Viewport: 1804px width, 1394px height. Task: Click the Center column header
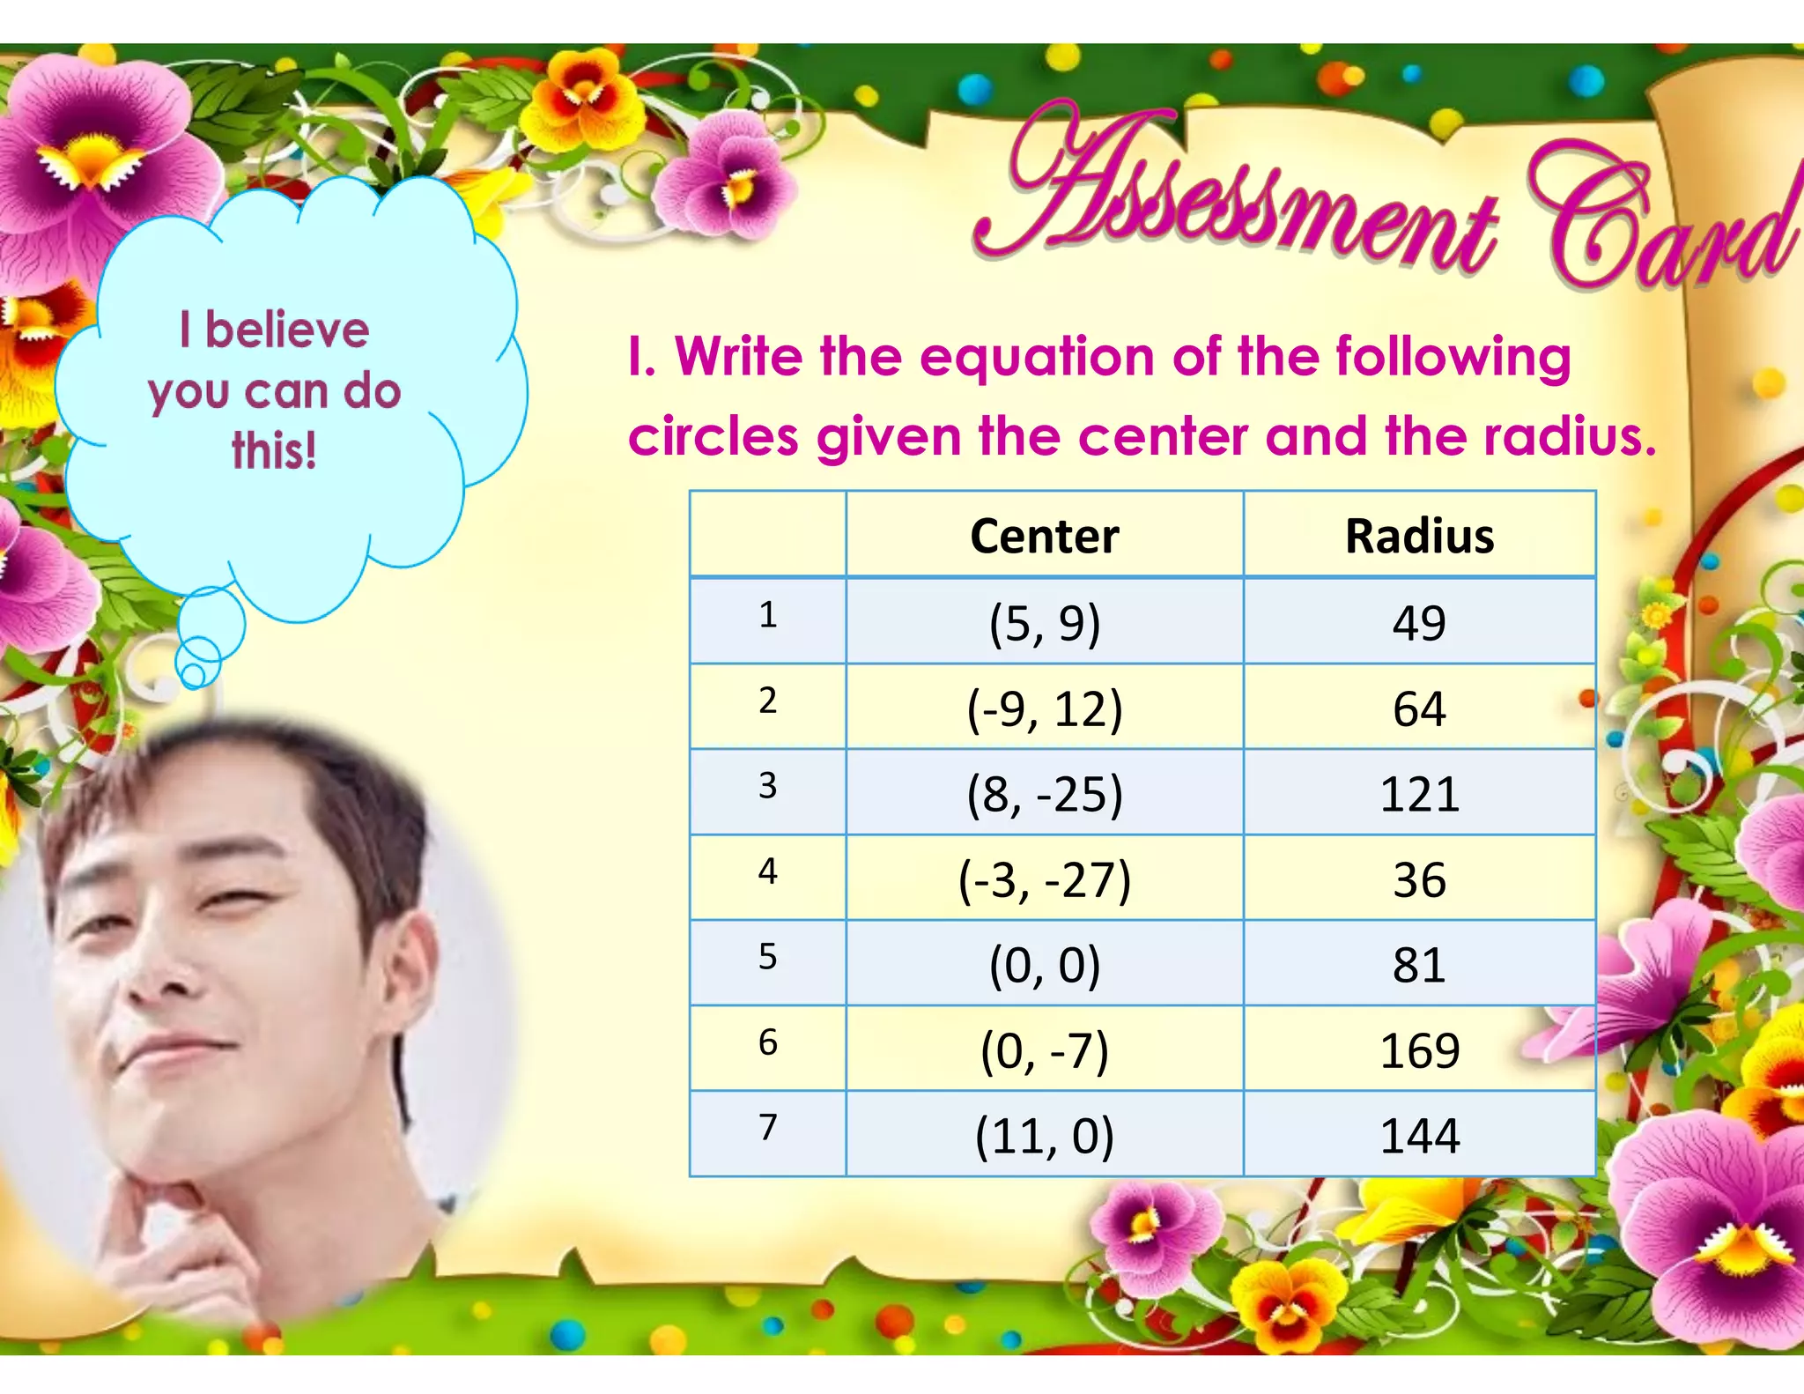pyautogui.click(x=1044, y=536)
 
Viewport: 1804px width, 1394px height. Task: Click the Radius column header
pyautogui.click(x=1419, y=536)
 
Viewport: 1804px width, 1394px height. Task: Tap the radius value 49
pyautogui.click(x=1419, y=623)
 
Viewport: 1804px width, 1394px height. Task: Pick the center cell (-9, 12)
pyautogui.click(x=1045, y=708)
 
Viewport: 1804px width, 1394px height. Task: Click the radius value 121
pyautogui.click(x=1419, y=794)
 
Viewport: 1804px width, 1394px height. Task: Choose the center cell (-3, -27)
pyautogui.click(x=1045, y=879)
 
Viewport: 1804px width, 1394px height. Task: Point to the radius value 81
pyautogui.click(x=1419, y=965)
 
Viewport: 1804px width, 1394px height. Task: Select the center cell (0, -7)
pyautogui.click(x=1045, y=1050)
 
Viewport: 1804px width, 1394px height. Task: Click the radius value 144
pyautogui.click(x=1419, y=1136)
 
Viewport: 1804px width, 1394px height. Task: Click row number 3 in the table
pyautogui.click(x=767, y=785)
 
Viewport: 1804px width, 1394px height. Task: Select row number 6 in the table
pyautogui.click(x=767, y=1042)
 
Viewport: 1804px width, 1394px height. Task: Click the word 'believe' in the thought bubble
pyautogui.click(x=287, y=330)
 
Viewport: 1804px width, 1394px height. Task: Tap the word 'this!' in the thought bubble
pyautogui.click(x=274, y=450)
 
